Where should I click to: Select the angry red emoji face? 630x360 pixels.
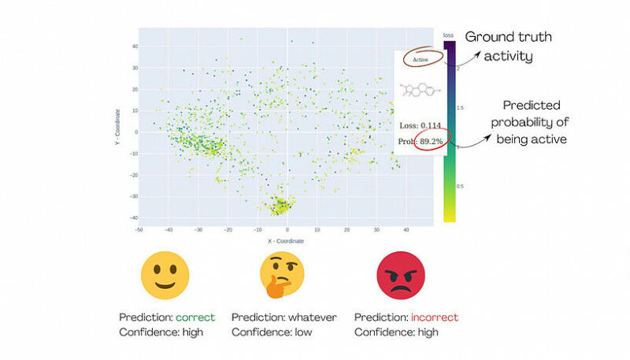[x=400, y=274]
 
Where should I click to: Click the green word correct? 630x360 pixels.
[x=195, y=317]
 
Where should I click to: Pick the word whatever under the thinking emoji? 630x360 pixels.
[x=311, y=317]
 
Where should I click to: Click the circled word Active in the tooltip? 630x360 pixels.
[x=420, y=59]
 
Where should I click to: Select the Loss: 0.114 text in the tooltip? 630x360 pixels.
[x=420, y=124]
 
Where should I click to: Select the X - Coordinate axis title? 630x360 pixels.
[x=285, y=240]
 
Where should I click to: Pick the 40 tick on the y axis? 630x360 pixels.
[x=134, y=46]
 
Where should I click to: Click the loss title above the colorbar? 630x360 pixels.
[x=449, y=35]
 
